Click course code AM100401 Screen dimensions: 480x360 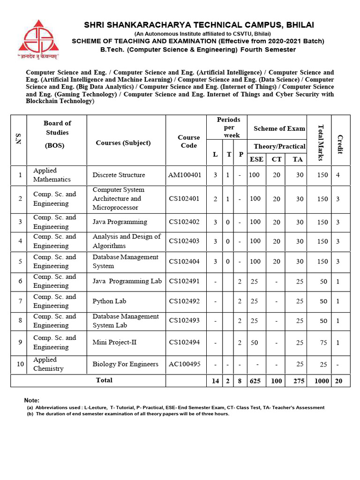pyautogui.click(x=184, y=175)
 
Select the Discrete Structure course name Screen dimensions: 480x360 pyautogui.click(x=119, y=175)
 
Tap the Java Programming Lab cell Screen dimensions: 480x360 pyautogui.click(x=127, y=281)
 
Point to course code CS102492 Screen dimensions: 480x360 pyautogui.click(x=184, y=301)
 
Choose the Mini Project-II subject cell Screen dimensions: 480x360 pyautogui.click(x=114, y=342)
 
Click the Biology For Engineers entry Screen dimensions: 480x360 pyautogui.click(x=125, y=364)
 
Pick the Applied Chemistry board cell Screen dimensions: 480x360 pyautogui.click(x=48, y=364)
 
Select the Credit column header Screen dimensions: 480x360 pyautogui.click(x=340, y=144)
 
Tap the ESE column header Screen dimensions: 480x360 pyautogui.click(x=256, y=159)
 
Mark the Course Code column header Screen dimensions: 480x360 pyautogui.click(x=189, y=141)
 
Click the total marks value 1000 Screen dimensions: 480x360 pyautogui.click(x=322, y=381)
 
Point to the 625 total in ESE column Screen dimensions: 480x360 pyautogui.click(x=255, y=381)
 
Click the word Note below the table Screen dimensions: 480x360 pyautogui.click(x=32, y=400)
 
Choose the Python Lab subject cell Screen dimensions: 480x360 pyautogui.click(x=109, y=301)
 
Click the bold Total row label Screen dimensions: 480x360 pyautogui.click(x=104, y=380)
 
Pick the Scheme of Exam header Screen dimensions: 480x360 pyautogui.click(x=279, y=128)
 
